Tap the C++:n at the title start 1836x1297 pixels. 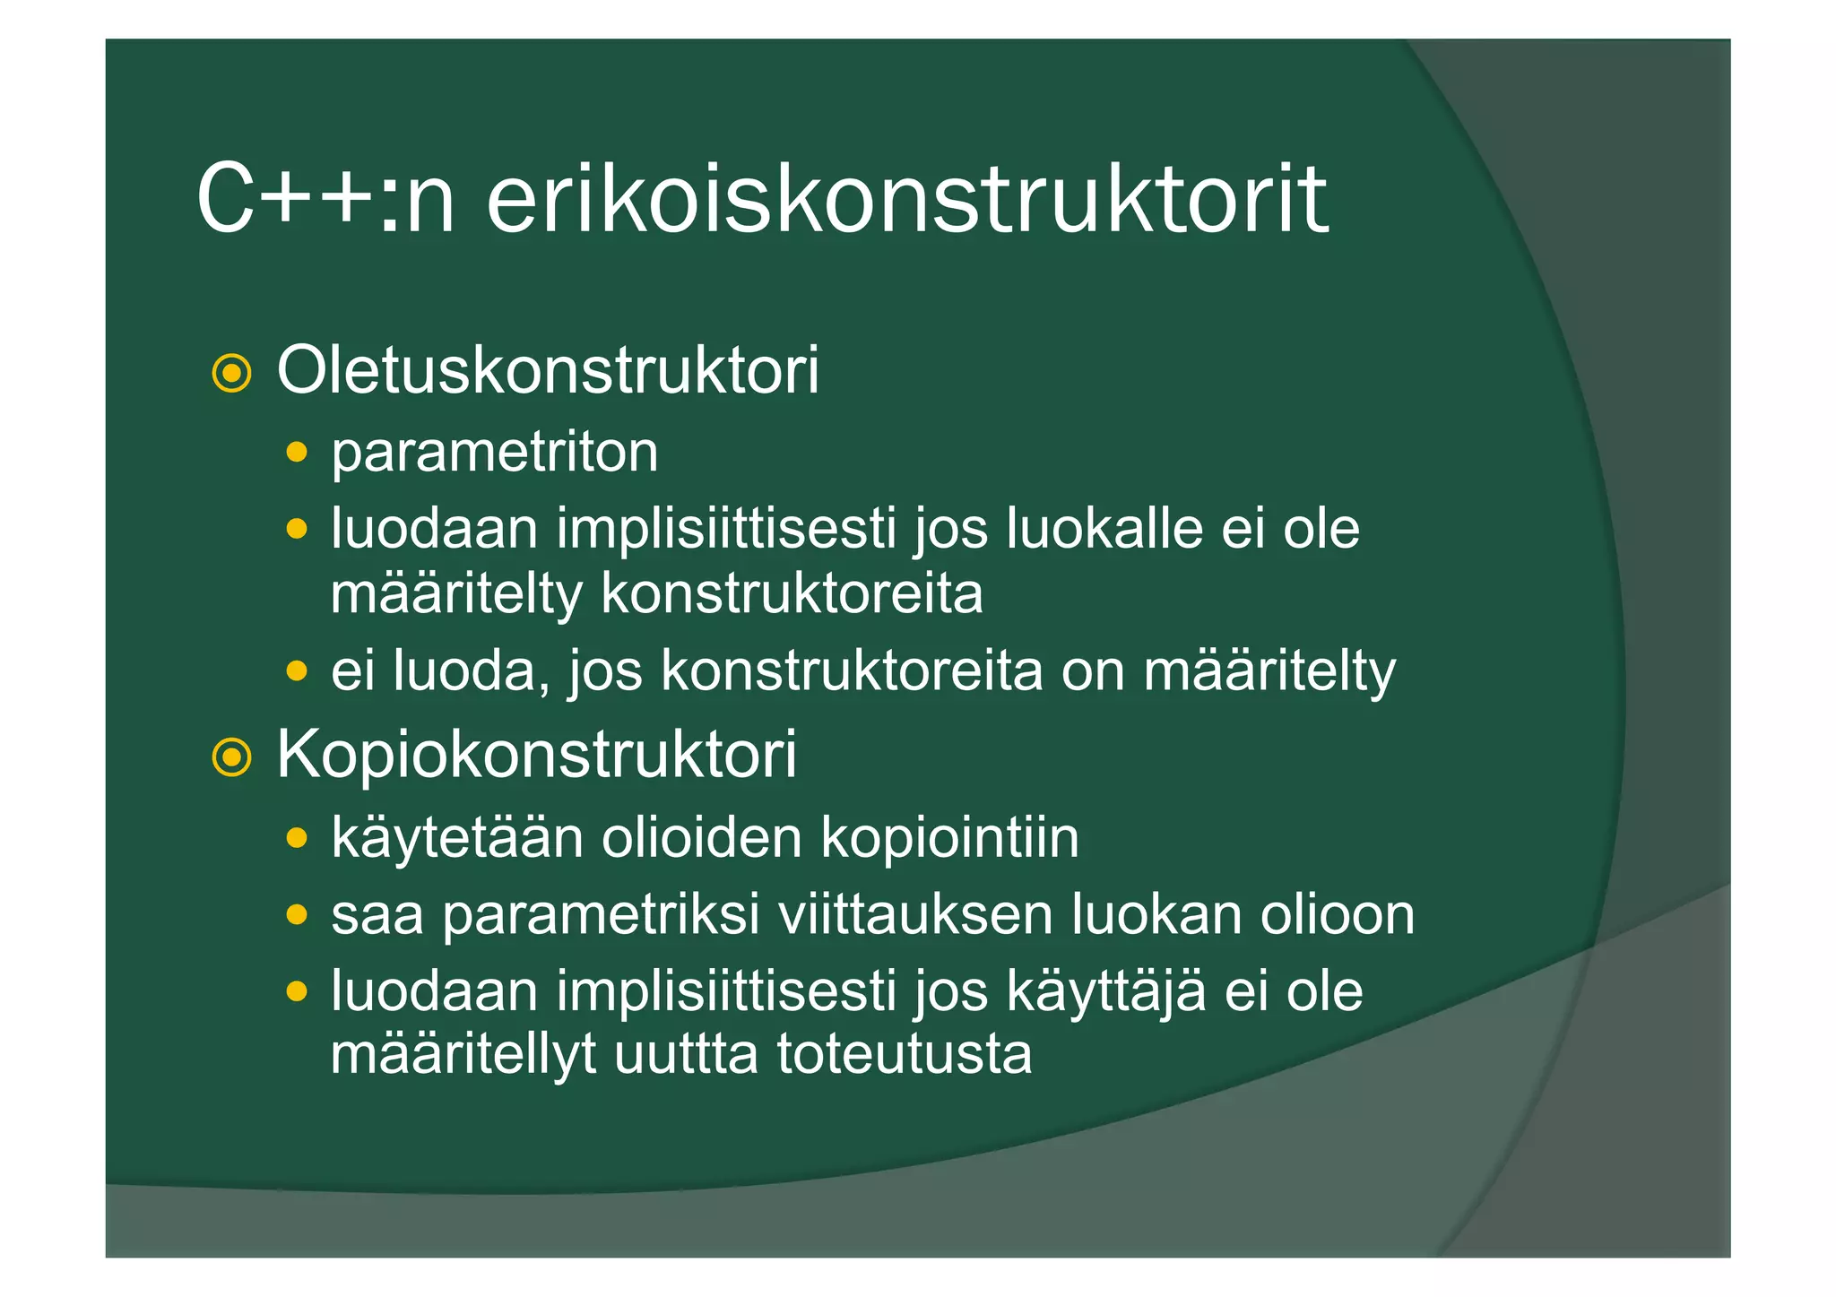point(325,199)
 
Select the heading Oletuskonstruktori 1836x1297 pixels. point(548,370)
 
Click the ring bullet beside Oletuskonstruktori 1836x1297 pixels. point(231,374)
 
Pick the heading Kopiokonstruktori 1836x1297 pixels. point(536,755)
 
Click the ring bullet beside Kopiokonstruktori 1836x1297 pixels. point(231,758)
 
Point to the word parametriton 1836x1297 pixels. point(494,453)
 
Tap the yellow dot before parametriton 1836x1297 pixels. point(297,451)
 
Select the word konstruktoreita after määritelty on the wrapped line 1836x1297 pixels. point(792,593)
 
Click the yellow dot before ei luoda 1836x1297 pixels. point(297,670)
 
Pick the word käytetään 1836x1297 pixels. point(457,838)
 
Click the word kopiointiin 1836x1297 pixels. point(949,838)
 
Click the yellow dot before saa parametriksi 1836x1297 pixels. point(297,915)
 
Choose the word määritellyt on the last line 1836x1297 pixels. point(463,1056)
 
